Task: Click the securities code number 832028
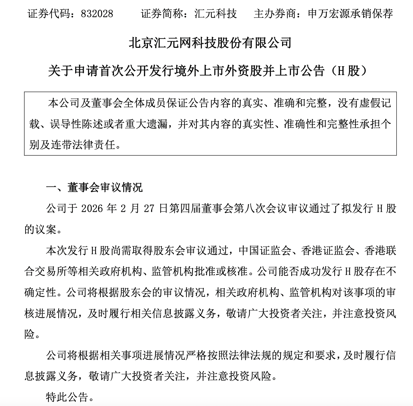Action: point(97,14)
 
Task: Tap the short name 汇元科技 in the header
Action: point(216,14)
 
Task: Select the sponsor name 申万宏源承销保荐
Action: point(350,14)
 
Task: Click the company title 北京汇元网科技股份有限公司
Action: point(210,43)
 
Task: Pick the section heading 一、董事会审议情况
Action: point(94,188)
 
